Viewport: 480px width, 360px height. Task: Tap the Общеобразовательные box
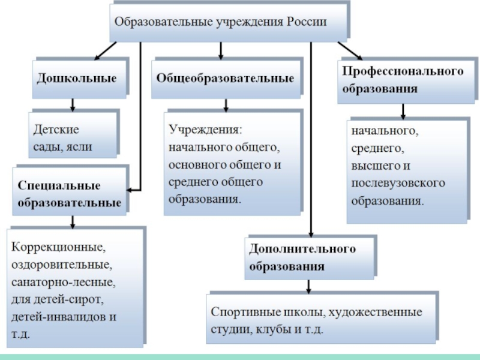point(225,79)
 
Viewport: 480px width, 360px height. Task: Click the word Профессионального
point(403,71)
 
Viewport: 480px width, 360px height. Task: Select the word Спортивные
point(240,313)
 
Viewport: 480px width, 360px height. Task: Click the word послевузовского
point(398,182)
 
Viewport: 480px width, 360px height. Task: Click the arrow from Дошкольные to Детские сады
point(73,104)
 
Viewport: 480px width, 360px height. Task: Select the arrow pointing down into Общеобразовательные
point(221,51)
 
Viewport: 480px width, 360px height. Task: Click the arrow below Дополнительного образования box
point(309,286)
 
